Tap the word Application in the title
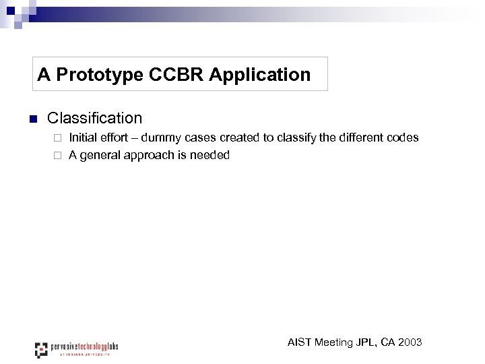(260, 74)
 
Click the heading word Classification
(94, 118)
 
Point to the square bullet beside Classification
(31, 119)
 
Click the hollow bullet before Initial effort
(58, 138)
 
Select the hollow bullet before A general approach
(58, 156)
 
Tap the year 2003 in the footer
(410, 342)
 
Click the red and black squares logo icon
(42, 350)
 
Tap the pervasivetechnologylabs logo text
(85, 346)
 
